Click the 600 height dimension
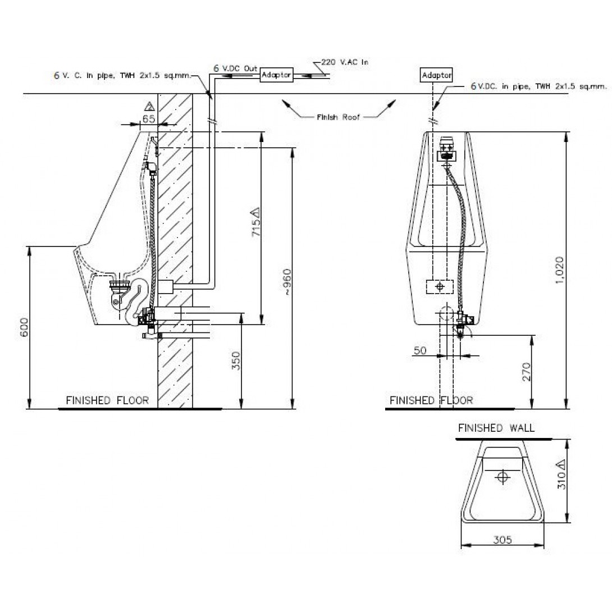(24, 327)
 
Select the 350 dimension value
(236, 360)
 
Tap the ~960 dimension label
(287, 282)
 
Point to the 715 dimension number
(256, 222)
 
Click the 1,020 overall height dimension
(559, 270)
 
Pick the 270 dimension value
(527, 372)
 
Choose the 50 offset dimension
(420, 350)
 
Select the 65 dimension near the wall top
(149, 118)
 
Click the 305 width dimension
(503, 540)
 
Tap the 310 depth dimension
(561, 474)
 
